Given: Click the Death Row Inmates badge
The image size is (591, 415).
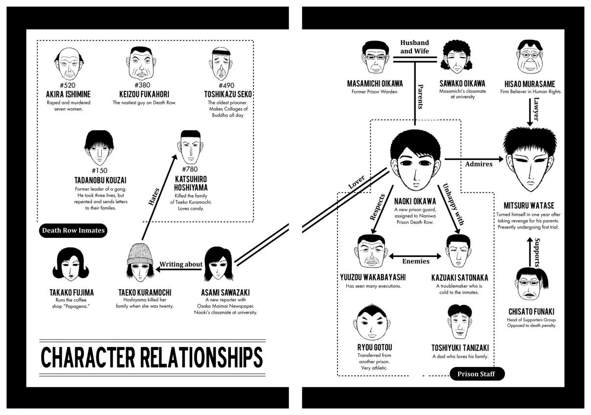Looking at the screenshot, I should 73,231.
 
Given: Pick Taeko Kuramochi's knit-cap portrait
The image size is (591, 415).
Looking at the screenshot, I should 140,263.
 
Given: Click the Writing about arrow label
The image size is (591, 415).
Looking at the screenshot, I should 181,264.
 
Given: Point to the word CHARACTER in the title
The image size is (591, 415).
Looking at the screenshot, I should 88,358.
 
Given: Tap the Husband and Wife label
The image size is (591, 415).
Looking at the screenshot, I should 414,47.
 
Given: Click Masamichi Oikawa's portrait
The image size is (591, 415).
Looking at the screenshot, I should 375,58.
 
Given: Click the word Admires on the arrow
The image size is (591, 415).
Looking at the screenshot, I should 478,164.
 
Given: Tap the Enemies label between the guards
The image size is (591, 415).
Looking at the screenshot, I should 415,261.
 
